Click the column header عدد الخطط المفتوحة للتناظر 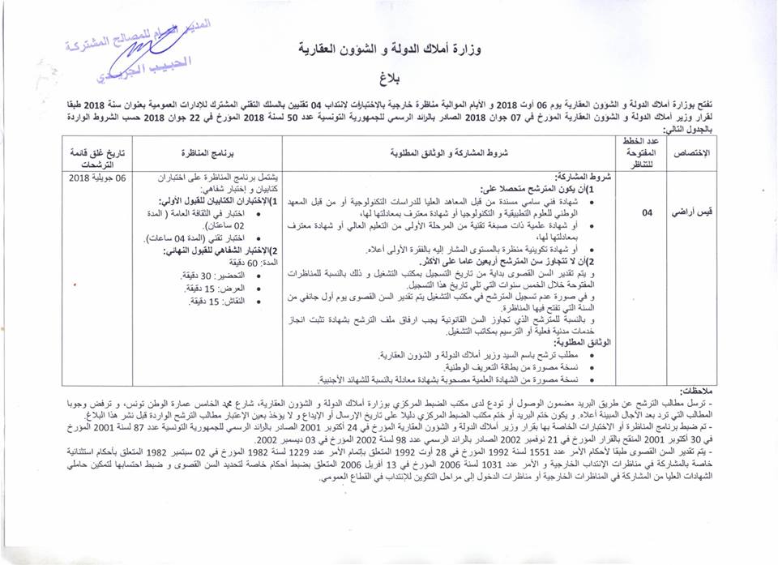click(x=647, y=152)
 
